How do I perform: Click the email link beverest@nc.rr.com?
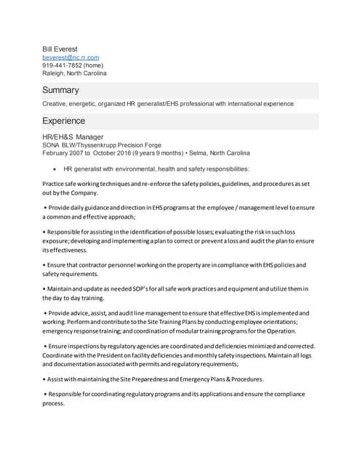click(71, 57)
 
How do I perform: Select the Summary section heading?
click(60, 91)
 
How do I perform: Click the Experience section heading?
click(63, 121)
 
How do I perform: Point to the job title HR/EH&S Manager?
click(73, 137)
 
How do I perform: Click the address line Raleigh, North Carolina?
click(74, 73)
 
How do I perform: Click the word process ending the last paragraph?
click(54, 403)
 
